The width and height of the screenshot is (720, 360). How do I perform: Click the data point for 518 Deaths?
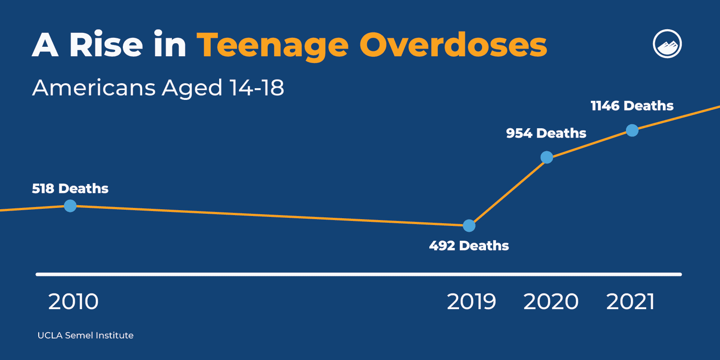70,206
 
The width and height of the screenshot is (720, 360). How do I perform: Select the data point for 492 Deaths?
469,225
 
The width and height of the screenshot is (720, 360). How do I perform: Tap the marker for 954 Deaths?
546,157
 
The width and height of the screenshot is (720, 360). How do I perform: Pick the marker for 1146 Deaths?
632,130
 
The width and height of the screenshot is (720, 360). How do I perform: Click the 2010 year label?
73,301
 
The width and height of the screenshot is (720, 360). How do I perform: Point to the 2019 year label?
471,301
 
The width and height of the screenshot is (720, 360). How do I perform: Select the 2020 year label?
551,301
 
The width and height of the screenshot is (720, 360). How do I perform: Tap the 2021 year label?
630,301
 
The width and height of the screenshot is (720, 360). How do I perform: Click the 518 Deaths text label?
70,189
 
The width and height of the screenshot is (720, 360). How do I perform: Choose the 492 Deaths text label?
469,246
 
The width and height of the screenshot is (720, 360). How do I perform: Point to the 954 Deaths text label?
546,133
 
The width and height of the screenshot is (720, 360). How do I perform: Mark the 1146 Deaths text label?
632,106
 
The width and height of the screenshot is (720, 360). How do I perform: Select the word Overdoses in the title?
453,45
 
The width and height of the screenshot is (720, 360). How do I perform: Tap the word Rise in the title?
106,45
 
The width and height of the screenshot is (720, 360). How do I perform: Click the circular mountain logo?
667,44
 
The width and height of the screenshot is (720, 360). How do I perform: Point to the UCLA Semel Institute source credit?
85,335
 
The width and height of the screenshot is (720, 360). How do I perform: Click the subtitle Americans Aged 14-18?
158,88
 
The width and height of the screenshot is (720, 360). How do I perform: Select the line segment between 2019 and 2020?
508,192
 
